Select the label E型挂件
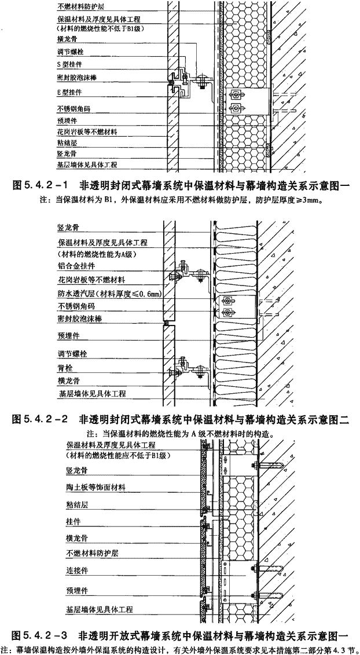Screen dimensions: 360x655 (x=69, y=92)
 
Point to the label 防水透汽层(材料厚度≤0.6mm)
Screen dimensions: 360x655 (x=110, y=294)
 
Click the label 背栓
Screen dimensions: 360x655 (x=63, y=367)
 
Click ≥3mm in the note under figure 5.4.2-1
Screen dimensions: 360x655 (x=308, y=200)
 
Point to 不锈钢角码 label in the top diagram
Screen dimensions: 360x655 (x=74, y=109)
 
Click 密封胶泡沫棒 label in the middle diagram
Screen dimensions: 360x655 (x=79, y=319)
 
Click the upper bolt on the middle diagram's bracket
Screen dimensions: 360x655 (x=227, y=301)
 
